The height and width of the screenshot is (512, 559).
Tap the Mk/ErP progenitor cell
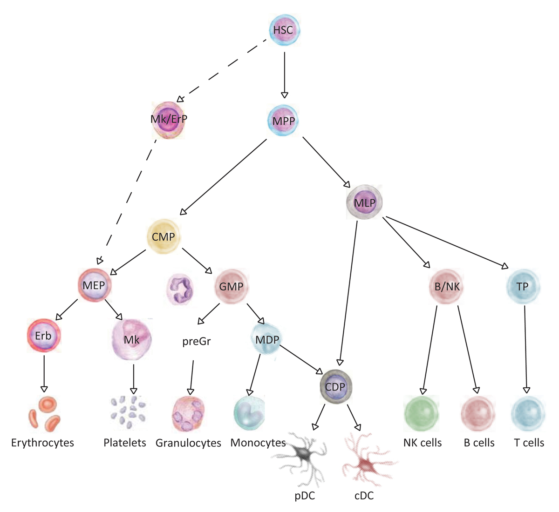pos(168,119)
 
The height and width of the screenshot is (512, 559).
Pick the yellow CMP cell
pos(163,237)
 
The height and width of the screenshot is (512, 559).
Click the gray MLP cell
pos(364,203)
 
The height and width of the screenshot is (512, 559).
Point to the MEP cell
pos(95,285)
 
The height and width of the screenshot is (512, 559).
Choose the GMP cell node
pos(231,287)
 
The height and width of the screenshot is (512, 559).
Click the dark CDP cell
pos(335,387)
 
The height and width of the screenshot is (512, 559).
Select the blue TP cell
pos(522,287)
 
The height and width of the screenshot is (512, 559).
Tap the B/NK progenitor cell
pos(447,287)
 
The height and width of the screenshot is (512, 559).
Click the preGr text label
pos(196,342)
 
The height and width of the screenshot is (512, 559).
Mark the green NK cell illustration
pos(421,413)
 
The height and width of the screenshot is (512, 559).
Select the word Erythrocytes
pos(42,443)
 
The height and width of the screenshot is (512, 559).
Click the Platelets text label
pos(124,443)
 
